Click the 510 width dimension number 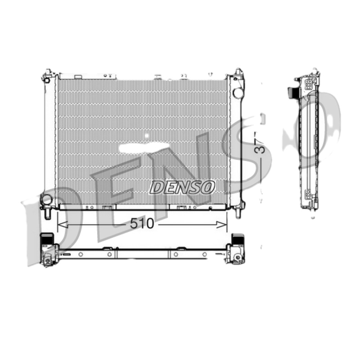(x=142, y=224)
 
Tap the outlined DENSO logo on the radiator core (x=182, y=187)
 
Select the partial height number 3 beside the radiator (x=259, y=149)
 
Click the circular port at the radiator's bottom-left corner (x=46, y=199)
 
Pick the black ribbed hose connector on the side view (x=291, y=92)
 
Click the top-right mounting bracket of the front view (x=238, y=75)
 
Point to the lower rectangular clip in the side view (x=309, y=194)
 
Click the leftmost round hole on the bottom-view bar (x=80, y=254)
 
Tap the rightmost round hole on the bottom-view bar (x=204, y=254)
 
